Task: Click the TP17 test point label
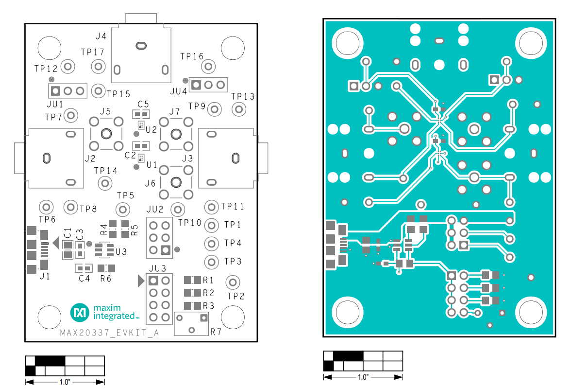pyautogui.click(x=93, y=52)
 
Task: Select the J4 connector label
pyautogui.click(x=101, y=36)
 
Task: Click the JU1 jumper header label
pyautogui.click(x=55, y=104)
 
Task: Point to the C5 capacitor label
pyautogui.click(x=143, y=104)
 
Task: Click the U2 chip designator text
pyautogui.click(x=151, y=130)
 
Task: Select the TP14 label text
pyautogui.click(x=106, y=171)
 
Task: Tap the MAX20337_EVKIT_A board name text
pyautogui.click(x=109, y=333)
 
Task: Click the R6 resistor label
pyautogui.click(x=105, y=279)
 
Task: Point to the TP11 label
pyautogui.click(x=232, y=207)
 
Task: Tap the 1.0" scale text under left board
pyautogui.click(x=65, y=382)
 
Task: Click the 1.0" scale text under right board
pyautogui.click(x=363, y=377)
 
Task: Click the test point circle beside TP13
pyautogui.click(x=238, y=109)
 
